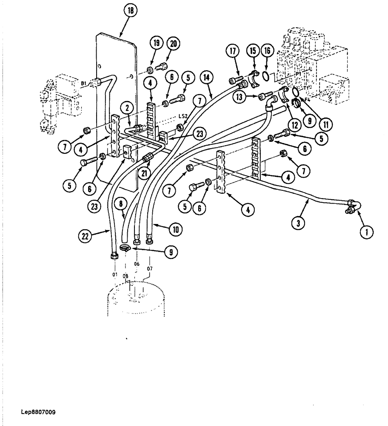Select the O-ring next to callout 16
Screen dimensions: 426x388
click(265, 76)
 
